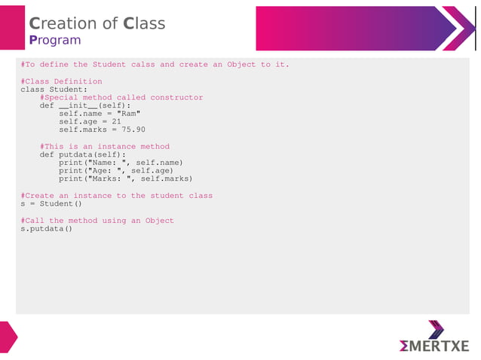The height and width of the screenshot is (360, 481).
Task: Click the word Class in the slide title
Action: tap(144, 23)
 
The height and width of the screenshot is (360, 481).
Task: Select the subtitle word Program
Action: tap(54, 40)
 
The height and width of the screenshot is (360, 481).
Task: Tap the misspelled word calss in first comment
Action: tap(142, 65)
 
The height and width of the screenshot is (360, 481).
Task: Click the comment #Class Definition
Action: tap(61, 81)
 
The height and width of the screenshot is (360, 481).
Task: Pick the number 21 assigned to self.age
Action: tap(116, 122)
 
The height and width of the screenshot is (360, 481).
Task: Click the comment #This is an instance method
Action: tap(105, 147)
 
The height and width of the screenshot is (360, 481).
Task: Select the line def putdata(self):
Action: tap(83, 155)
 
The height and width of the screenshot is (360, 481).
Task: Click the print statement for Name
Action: tap(121, 163)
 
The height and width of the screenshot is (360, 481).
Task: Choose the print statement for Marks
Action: tap(126, 179)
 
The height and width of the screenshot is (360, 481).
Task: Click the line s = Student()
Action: tap(51, 204)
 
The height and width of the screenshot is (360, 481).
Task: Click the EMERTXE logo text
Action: tap(434, 346)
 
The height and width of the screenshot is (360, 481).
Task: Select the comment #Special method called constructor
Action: tap(121, 98)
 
